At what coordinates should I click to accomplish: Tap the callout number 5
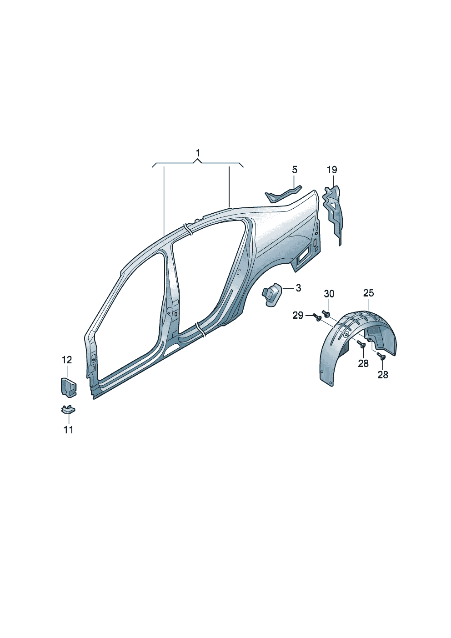pyautogui.click(x=295, y=170)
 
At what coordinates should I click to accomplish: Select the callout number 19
pyautogui.click(x=332, y=170)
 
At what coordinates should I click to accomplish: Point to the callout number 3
pyautogui.click(x=298, y=288)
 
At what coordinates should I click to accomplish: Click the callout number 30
pyautogui.click(x=329, y=294)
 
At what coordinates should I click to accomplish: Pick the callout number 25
pyautogui.click(x=368, y=293)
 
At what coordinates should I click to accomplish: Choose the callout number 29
pyautogui.click(x=298, y=315)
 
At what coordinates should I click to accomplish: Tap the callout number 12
pyautogui.click(x=67, y=360)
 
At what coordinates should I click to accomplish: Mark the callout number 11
pyautogui.click(x=68, y=430)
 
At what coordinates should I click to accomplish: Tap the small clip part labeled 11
pyautogui.click(x=68, y=410)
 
